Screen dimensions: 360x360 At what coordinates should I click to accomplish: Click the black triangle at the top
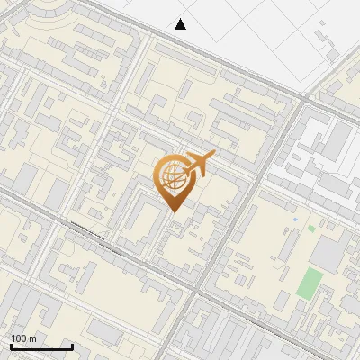pos(181,24)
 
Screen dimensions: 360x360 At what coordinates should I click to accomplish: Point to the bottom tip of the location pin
pos(172,212)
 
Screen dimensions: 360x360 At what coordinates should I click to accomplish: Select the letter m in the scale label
pos(32,338)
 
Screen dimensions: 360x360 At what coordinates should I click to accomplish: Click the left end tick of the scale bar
pos(11,346)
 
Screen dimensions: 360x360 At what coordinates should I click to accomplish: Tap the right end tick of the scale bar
pos(72,346)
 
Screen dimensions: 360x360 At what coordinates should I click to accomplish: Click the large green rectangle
pos(310,283)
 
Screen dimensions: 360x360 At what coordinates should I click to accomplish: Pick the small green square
pos(311,229)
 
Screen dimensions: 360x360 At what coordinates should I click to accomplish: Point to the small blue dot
pos(295,219)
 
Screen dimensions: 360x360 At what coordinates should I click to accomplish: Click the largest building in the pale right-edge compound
pos(337,139)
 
